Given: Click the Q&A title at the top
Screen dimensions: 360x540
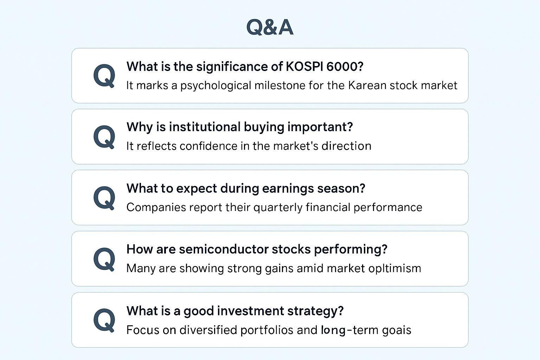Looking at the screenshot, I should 270,27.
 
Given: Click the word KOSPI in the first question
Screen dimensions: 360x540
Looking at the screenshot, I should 304,66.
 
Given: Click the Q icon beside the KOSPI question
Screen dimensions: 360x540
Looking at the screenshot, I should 104,75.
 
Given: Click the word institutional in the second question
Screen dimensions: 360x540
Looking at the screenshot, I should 204,127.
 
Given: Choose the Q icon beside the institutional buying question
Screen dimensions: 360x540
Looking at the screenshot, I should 104,136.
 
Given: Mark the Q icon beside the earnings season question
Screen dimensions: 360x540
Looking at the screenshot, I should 104,198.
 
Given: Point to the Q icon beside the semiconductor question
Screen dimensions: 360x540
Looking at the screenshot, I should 104,259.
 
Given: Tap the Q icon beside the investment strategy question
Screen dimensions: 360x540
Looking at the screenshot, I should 104,320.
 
